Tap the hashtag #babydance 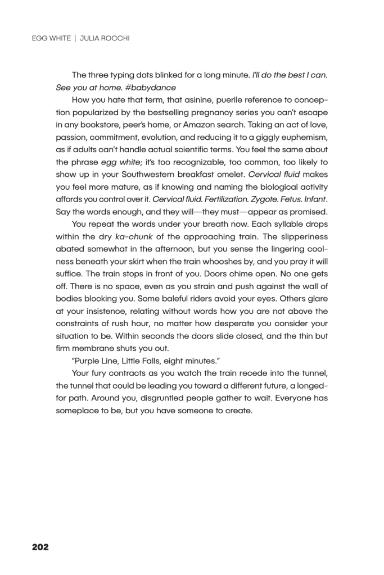pyautogui.click(x=155, y=88)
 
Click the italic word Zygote pyautogui.click(x=247, y=199)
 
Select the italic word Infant pyautogui.click(x=314, y=199)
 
